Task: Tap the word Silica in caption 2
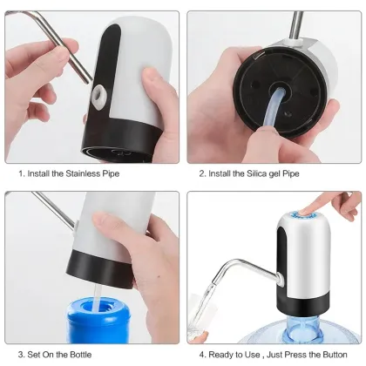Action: (x=257, y=173)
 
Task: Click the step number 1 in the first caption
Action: (x=20, y=173)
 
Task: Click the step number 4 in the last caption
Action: (x=201, y=356)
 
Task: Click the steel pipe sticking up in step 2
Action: (x=296, y=24)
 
